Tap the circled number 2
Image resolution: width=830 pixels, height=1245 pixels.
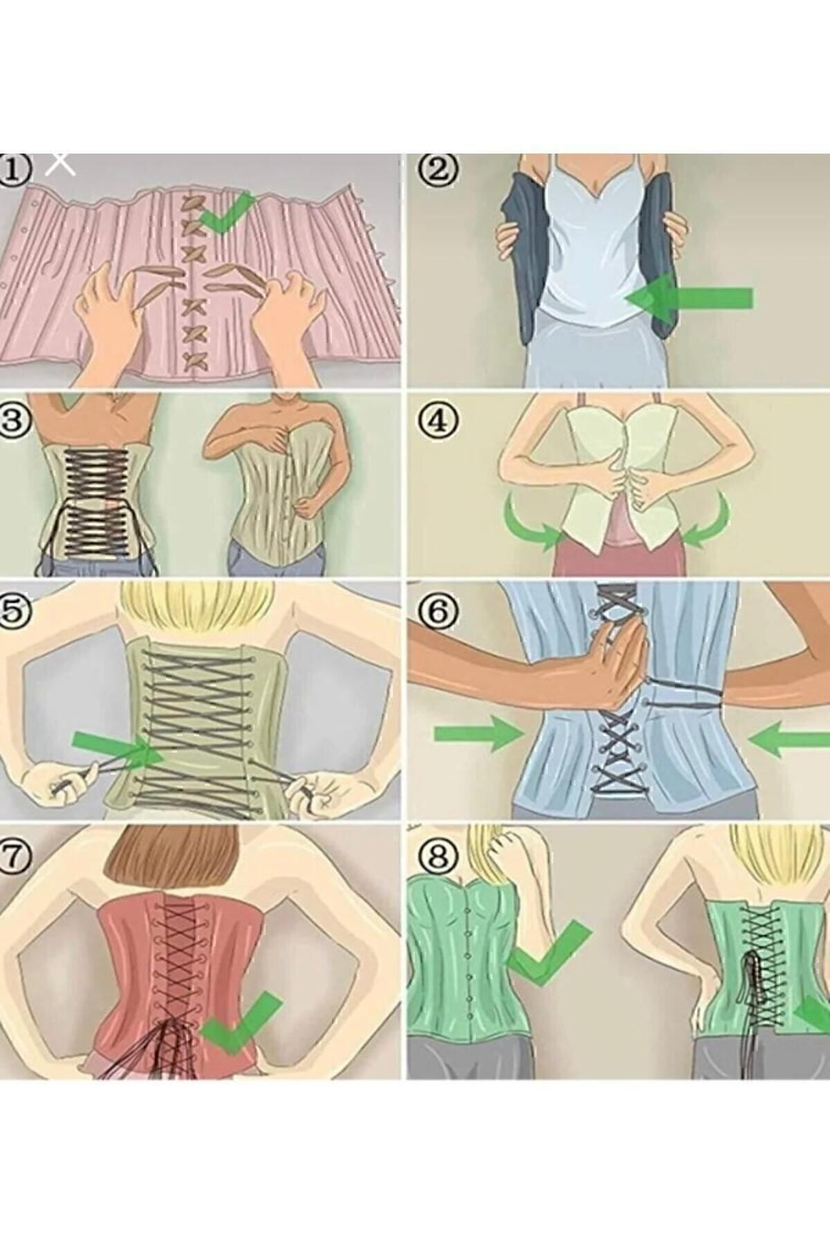[x=441, y=169]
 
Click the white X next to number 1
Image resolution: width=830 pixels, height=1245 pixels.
[x=61, y=163]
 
